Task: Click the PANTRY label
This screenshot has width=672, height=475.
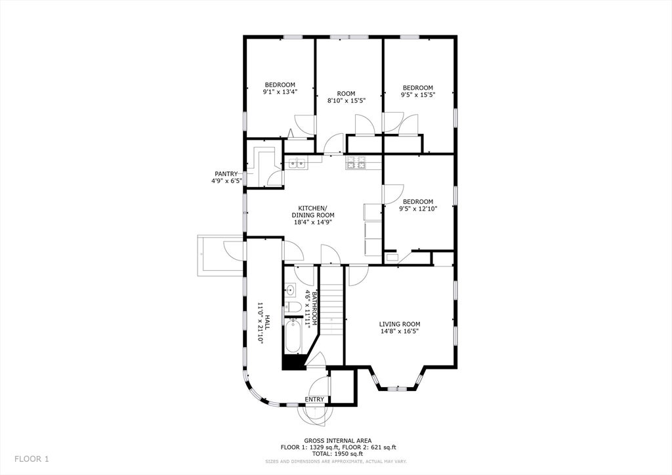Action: coord(226,173)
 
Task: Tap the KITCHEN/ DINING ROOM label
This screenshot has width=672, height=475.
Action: coord(313,212)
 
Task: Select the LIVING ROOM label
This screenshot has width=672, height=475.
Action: coord(400,324)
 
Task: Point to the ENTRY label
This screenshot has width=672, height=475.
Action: coord(314,399)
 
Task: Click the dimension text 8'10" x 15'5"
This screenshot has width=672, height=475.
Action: coord(346,100)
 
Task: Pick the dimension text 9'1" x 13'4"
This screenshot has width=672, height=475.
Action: coord(280,91)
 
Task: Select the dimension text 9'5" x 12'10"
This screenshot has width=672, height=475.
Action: coord(418,209)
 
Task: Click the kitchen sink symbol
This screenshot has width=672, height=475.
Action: coord(297,163)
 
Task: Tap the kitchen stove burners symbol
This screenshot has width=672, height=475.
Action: coord(356,162)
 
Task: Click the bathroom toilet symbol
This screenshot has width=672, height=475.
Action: coord(294,306)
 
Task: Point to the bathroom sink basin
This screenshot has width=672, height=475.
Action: coord(291,291)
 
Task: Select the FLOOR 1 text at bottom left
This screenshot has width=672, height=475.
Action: coord(31,459)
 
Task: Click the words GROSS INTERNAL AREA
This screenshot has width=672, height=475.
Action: coord(338,440)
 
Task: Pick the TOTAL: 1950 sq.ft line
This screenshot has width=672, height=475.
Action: coord(338,453)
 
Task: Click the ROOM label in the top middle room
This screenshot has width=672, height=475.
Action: coord(346,94)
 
